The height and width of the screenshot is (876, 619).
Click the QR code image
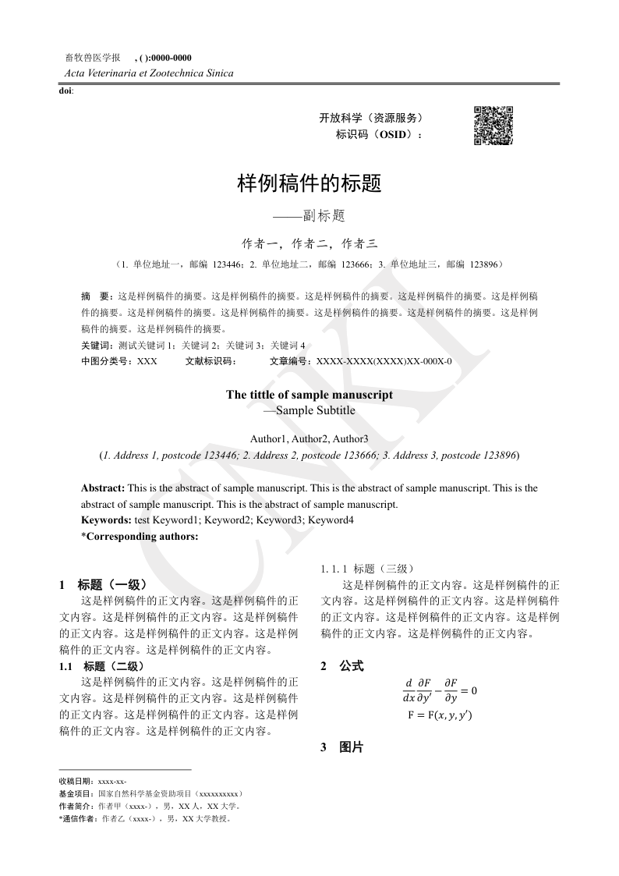(493, 125)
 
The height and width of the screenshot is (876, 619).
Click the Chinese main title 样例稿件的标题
(309, 184)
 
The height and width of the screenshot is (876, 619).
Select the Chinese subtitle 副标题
(309, 215)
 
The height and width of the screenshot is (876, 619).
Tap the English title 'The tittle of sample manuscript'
(309, 395)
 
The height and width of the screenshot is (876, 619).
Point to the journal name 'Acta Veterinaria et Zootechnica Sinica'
(146, 73)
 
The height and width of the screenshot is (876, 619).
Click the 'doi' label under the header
(65, 91)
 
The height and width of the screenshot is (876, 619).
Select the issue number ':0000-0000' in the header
(168, 58)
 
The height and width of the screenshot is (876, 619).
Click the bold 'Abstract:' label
(103, 488)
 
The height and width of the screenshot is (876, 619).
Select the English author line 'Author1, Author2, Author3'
(309, 439)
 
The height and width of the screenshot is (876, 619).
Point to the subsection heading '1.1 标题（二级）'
(101, 666)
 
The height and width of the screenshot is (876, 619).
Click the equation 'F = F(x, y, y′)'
(440, 715)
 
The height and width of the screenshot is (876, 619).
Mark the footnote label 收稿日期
(76, 781)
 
